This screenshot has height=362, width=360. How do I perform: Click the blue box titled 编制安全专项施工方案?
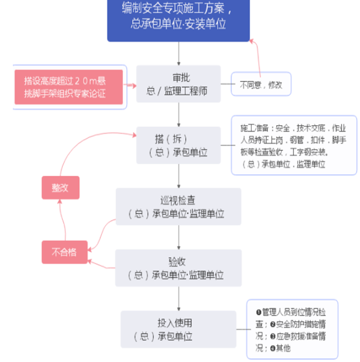[x=178, y=17]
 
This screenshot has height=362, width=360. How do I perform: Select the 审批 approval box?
[x=178, y=84]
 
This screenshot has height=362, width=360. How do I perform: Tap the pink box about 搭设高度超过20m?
[x=69, y=87]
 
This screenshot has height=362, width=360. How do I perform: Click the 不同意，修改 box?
[x=260, y=84]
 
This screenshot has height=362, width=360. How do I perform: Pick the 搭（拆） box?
[x=178, y=145]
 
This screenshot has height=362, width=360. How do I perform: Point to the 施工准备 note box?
[x=294, y=145]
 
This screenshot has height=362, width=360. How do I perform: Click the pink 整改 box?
[x=60, y=188]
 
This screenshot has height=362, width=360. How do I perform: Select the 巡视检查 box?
[x=178, y=207]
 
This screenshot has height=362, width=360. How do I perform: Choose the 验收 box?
[x=178, y=268]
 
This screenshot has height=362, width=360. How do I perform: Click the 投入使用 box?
[x=178, y=329]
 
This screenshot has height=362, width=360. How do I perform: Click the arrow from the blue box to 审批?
[x=178, y=54]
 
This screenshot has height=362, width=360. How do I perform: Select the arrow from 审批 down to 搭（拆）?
[x=178, y=114]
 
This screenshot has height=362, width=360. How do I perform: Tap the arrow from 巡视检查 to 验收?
[x=178, y=237]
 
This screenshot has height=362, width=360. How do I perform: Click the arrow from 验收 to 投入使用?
[x=178, y=299]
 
